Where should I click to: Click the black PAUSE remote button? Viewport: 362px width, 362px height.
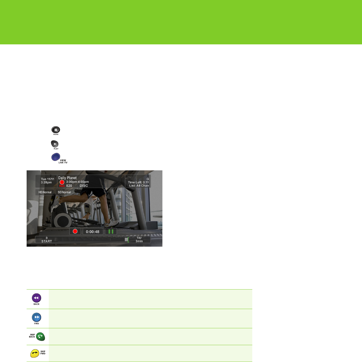coord(56,130)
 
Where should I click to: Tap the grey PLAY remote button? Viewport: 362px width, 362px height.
coord(55,144)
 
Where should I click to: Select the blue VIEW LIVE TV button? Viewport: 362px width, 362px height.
coord(56,157)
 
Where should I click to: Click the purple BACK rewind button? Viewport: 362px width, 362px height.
coord(36,298)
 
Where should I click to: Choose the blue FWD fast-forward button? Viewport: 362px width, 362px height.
coord(36,317)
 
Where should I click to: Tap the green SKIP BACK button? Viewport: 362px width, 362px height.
coord(40,336)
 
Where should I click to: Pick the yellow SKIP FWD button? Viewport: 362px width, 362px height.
coord(35,353)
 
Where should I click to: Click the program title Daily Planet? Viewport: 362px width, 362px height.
coord(67,178)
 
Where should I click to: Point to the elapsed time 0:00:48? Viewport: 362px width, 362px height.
coord(93,232)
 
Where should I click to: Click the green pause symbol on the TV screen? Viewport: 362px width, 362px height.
coord(111,231)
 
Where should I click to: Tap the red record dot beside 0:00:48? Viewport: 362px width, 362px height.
coord(75,231)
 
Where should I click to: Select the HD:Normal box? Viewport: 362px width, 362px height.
coord(45,192)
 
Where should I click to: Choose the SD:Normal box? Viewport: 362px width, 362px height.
coord(64,192)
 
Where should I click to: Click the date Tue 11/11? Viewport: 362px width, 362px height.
coord(47,179)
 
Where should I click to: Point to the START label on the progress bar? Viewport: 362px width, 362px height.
coord(47,241)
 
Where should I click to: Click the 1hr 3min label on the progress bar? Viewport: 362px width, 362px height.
coord(139,240)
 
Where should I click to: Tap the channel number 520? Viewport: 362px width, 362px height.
coord(69,186)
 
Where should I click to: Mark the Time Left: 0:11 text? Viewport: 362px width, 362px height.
coord(138,182)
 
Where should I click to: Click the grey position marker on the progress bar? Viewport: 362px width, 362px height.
coord(126,240)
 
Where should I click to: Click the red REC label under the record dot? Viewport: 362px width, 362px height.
coord(62,186)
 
